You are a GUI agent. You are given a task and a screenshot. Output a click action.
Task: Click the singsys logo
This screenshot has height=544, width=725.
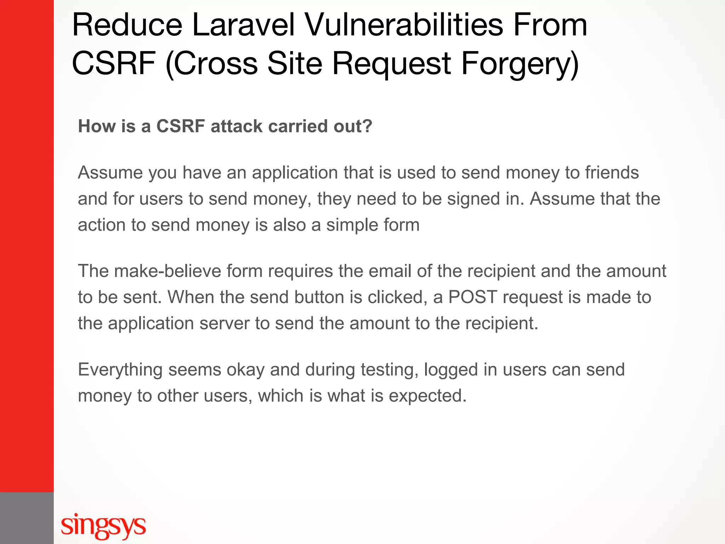point(103,525)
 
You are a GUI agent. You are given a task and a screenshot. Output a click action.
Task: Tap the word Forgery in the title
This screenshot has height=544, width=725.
point(520,64)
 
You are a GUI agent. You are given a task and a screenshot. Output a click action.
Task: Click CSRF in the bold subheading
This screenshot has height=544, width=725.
point(181,126)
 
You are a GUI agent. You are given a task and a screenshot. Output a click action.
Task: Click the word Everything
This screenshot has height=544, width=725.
point(120,370)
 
